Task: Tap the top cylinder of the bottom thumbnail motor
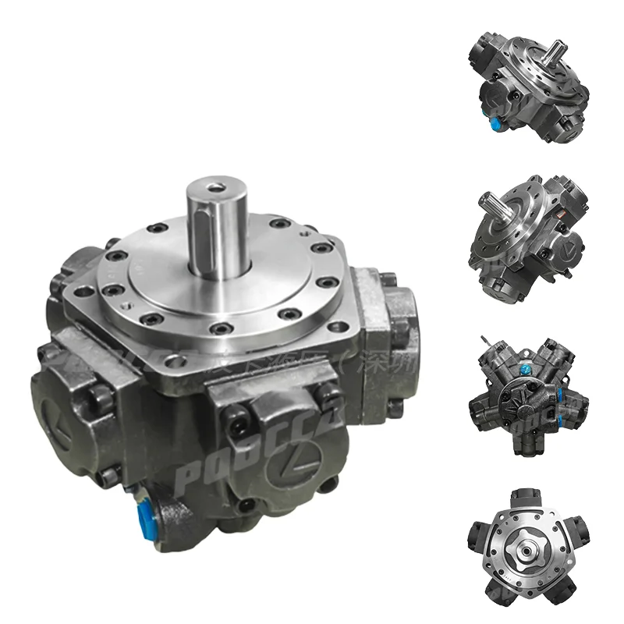coord(528,500)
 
